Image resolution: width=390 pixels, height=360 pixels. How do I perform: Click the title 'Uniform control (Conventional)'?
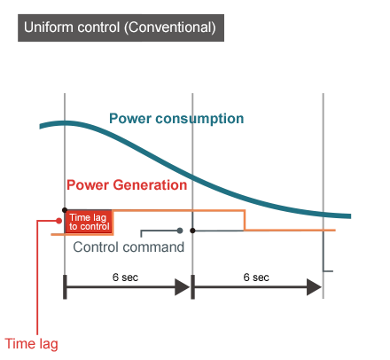click(x=120, y=27)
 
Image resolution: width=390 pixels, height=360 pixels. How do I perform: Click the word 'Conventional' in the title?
click(x=170, y=27)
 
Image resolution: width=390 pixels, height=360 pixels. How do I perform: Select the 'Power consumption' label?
click(x=176, y=119)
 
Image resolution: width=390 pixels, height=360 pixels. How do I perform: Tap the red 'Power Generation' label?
click(x=127, y=185)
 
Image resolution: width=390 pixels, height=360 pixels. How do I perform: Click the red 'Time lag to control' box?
click(x=89, y=222)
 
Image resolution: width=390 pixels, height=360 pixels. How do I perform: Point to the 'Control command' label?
click(x=129, y=247)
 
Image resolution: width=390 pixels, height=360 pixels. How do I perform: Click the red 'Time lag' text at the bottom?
click(x=31, y=344)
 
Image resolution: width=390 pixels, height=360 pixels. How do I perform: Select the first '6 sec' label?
click(x=125, y=278)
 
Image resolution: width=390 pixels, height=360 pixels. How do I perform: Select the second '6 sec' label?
click(x=256, y=278)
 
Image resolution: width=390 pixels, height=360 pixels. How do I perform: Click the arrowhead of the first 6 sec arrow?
click(x=182, y=286)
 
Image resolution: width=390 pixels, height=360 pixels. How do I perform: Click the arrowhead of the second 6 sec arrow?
click(x=314, y=286)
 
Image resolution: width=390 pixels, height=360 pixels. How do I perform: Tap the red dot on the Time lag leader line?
click(x=59, y=221)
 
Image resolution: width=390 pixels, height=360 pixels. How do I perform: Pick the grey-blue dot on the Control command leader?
click(x=180, y=231)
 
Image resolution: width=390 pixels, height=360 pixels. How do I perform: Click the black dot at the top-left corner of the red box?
click(x=65, y=210)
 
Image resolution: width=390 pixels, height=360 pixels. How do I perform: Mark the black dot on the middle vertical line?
click(x=192, y=231)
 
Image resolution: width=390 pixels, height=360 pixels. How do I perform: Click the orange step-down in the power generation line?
click(x=245, y=220)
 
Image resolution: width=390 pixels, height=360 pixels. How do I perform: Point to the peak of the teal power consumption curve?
click(x=66, y=123)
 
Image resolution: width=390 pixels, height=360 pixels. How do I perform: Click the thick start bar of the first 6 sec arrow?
click(x=65, y=287)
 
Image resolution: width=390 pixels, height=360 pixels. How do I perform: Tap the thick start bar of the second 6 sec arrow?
click(x=192, y=287)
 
